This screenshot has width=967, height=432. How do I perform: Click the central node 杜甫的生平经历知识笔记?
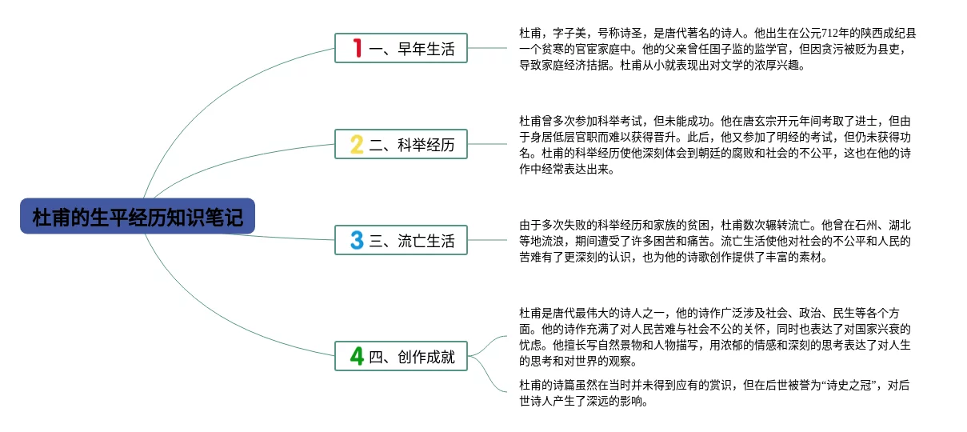(x=138, y=217)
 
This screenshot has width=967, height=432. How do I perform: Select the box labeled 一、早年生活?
(x=401, y=49)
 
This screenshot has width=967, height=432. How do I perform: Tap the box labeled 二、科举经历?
(x=401, y=144)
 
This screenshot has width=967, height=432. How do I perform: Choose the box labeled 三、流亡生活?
(x=401, y=239)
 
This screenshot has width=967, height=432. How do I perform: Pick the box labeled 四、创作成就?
(x=401, y=356)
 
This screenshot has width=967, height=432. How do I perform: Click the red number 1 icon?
(x=357, y=49)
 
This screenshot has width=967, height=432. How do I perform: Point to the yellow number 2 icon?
(x=357, y=144)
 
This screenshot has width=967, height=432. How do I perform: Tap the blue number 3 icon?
(x=357, y=239)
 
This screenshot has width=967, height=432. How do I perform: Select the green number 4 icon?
(x=357, y=356)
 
